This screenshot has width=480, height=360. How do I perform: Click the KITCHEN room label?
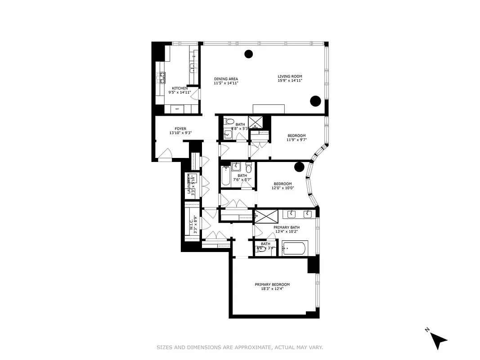coord(179,88)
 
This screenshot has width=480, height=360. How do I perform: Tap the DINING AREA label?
coord(226,79)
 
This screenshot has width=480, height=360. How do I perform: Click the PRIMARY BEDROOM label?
coord(272,284)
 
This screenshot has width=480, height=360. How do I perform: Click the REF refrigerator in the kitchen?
coord(177,109)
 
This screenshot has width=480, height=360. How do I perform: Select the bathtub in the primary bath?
coord(294,247)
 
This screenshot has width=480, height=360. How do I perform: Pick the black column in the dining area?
coord(248,54)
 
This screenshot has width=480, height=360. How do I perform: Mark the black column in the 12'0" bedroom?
coord(299,167)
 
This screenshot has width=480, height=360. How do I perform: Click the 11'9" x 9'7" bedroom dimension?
coord(297,139)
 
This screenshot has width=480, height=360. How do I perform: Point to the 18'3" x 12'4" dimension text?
coord(272,289)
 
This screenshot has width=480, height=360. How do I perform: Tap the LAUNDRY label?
coord(189,184)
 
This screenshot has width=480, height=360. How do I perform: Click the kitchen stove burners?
coord(161,78)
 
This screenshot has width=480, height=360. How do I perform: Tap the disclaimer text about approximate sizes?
coord(240,347)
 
